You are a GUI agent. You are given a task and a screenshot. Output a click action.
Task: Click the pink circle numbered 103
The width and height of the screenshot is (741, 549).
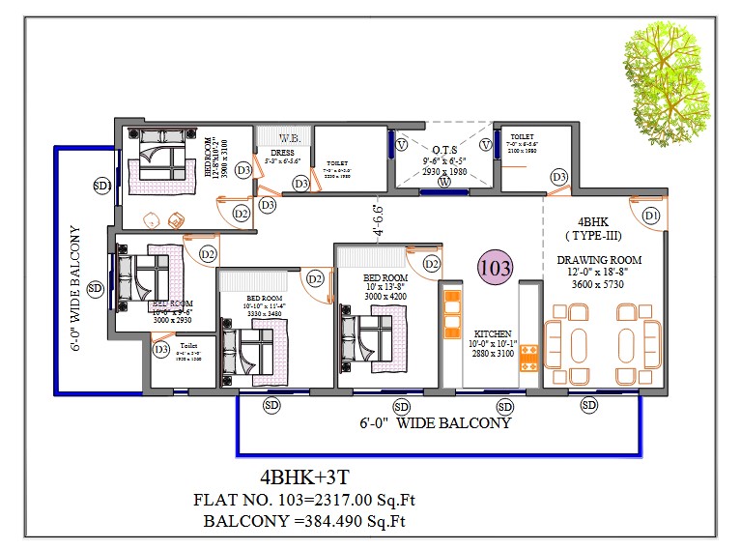tap(494, 266)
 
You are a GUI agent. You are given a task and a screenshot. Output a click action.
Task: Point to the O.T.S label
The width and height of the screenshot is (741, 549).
tap(444, 150)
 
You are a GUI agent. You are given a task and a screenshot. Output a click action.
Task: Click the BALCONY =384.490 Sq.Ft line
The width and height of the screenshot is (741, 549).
tap(305, 522)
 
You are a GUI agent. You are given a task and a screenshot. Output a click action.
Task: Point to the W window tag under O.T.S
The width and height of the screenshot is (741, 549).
tap(443, 182)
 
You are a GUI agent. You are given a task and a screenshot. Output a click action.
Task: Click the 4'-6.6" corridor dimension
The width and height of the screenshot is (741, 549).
tap(378, 218)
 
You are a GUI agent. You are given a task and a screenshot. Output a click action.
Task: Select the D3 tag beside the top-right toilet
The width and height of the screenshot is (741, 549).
tap(559, 177)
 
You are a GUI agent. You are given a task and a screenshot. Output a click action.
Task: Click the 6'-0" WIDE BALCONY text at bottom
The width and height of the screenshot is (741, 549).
tap(435, 423)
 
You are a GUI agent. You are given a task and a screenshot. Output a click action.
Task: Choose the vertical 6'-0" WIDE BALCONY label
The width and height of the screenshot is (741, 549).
tap(76, 289)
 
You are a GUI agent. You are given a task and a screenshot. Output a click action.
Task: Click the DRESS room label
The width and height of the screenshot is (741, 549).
tap(282, 153)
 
